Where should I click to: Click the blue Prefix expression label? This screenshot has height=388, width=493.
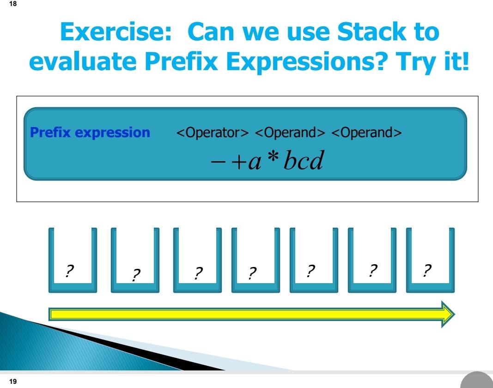coord(90,133)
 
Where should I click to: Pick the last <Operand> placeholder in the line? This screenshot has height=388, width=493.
coord(367,133)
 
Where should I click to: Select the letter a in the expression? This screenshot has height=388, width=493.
coord(256,163)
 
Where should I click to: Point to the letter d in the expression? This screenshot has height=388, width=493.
coord(316,162)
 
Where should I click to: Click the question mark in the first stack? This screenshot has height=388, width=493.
coord(70,271)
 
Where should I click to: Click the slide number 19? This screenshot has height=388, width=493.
coord(12,382)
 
